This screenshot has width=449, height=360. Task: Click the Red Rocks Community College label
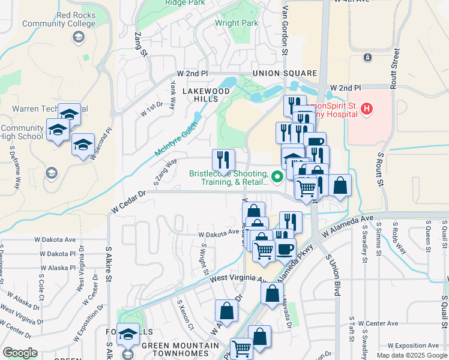click(x=59, y=19)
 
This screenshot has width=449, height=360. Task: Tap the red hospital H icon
click(x=367, y=109)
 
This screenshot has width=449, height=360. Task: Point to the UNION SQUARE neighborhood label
click(x=276, y=74)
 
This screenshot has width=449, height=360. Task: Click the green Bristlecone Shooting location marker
click(x=277, y=176)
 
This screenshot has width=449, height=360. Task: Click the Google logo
click(x=19, y=353)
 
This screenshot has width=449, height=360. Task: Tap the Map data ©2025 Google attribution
click(x=411, y=355)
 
